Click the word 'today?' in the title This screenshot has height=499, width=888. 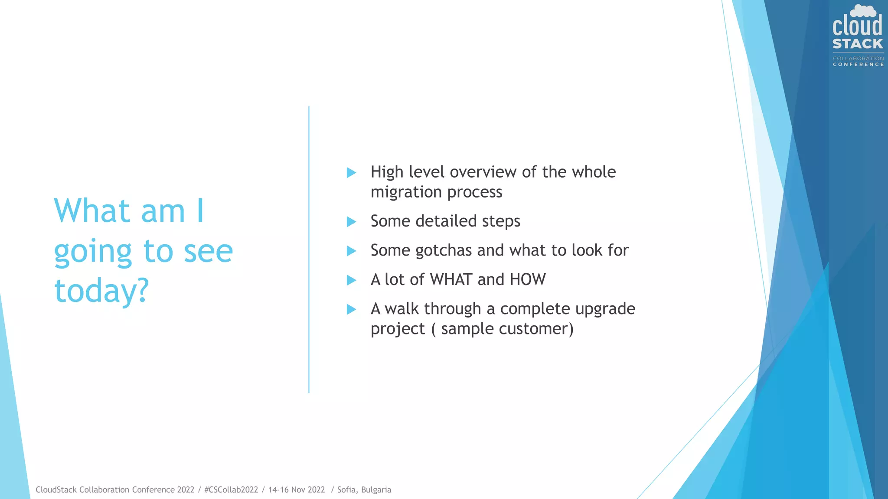[x=101, y=291]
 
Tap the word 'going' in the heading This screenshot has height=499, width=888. [x=92, y=252]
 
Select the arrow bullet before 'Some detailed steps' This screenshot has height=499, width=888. [x=351, y=222]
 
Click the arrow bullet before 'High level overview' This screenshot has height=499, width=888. [x=351, y=173]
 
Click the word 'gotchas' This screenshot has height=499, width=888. [x=444, y=250]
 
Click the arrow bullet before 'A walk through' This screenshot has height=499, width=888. [x=351, y=309]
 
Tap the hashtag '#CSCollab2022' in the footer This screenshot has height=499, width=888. [x=231, y=490]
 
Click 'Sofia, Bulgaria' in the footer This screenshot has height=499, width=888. [x=364, y=490]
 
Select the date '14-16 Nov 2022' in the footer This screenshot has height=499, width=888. [x=297, y=490]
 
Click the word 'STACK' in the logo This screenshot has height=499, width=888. [x=858, y=44]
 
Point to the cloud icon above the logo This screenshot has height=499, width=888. [x=863, y=11]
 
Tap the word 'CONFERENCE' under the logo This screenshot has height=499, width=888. [x=858, y=65]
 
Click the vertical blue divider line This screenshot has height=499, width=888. [x=309, y=249]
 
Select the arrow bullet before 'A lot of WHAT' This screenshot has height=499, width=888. [x=351, y=280]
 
